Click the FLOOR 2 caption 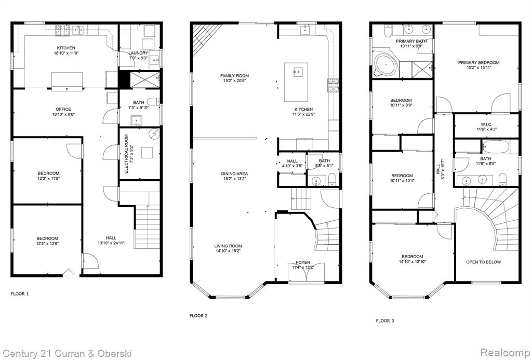pos(198,316)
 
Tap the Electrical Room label pos(126,154)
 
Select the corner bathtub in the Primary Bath pos(387,64)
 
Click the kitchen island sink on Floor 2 pos(298,72)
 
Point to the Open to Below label pos(484,262)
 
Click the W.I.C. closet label pos(486,125)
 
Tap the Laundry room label pos(138,53)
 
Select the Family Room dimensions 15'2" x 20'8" pos(234,81)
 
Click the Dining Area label pos(234,174)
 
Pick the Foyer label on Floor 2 pos(303,262)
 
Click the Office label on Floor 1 pos(63,109)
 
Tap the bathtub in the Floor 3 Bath pos(496,147)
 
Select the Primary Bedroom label pos(478,63)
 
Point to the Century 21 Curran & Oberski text pos(66,353)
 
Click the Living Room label pos(228,246)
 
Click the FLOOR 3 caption pos(385,321)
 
